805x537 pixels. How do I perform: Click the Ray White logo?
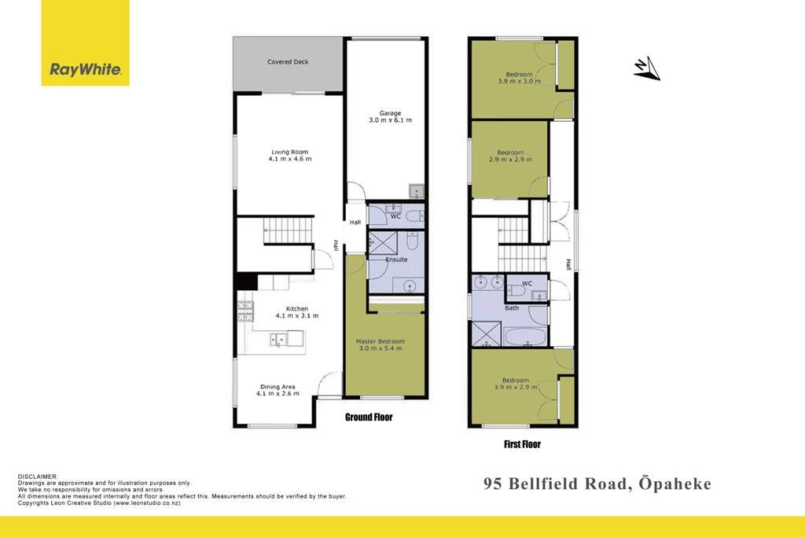coord(85,42)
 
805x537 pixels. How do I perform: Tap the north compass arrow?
coord(647,68)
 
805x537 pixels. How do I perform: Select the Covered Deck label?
coord(288,61)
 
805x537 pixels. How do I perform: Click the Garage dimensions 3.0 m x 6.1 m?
coord(390,120)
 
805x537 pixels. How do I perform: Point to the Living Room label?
coord(289,152)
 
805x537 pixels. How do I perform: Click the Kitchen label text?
coord(296,308)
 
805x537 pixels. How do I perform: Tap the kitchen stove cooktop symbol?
coord(245,311)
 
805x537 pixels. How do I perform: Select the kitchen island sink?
coord(279,340)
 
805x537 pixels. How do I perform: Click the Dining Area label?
coord(278,387)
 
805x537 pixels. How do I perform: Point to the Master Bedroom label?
coord(380,341)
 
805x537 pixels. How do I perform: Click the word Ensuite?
coord(396,259)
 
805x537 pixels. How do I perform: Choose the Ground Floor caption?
coord(369,417)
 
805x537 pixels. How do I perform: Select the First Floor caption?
coord(522,444)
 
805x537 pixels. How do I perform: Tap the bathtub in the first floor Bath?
coord(524,337)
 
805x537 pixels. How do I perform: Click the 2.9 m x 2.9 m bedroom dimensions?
coord(510,160)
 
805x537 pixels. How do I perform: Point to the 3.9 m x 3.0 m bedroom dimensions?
coord(519,81)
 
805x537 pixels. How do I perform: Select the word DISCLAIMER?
coord(38,477)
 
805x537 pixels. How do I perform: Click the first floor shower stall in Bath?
coord(486,334)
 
